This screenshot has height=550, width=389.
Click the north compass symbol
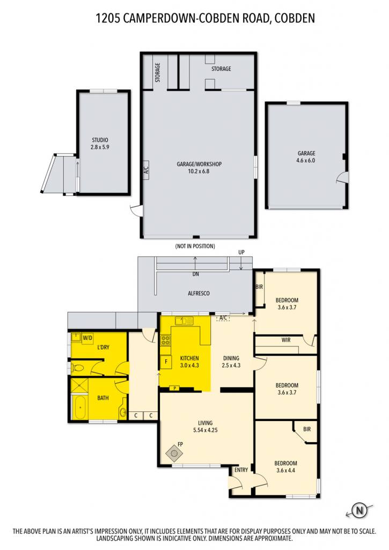click(x=359, y=510)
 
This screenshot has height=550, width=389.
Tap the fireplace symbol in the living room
click(x=174, y=453)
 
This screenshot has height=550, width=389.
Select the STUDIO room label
click(x=100, y=140)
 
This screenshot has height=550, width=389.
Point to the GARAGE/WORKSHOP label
click(x=199, y=164)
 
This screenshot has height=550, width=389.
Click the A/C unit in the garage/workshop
click(x=146, y=170)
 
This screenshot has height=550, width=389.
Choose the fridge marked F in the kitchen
click(x=166, y=361)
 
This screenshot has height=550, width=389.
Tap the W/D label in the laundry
click(x=87, y=338)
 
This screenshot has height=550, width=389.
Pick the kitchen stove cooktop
click(x=166, y=340)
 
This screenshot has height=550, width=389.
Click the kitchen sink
click(x=185, y=321)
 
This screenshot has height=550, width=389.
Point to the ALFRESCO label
click(x=199, y=293)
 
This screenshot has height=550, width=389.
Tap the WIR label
click(x=286, y=340)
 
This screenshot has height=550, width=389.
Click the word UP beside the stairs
click(x=241, y=252)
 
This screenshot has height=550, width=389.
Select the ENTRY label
click(x=241, y=469)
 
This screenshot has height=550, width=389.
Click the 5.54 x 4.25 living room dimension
click(x=205, y=430)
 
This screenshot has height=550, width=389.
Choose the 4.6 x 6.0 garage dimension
click(x=306, y=160)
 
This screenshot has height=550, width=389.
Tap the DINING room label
click(x=231, y=358)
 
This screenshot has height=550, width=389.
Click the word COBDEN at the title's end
click(x=295, y=18)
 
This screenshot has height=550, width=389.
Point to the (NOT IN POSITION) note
click(x=195, y=246)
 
